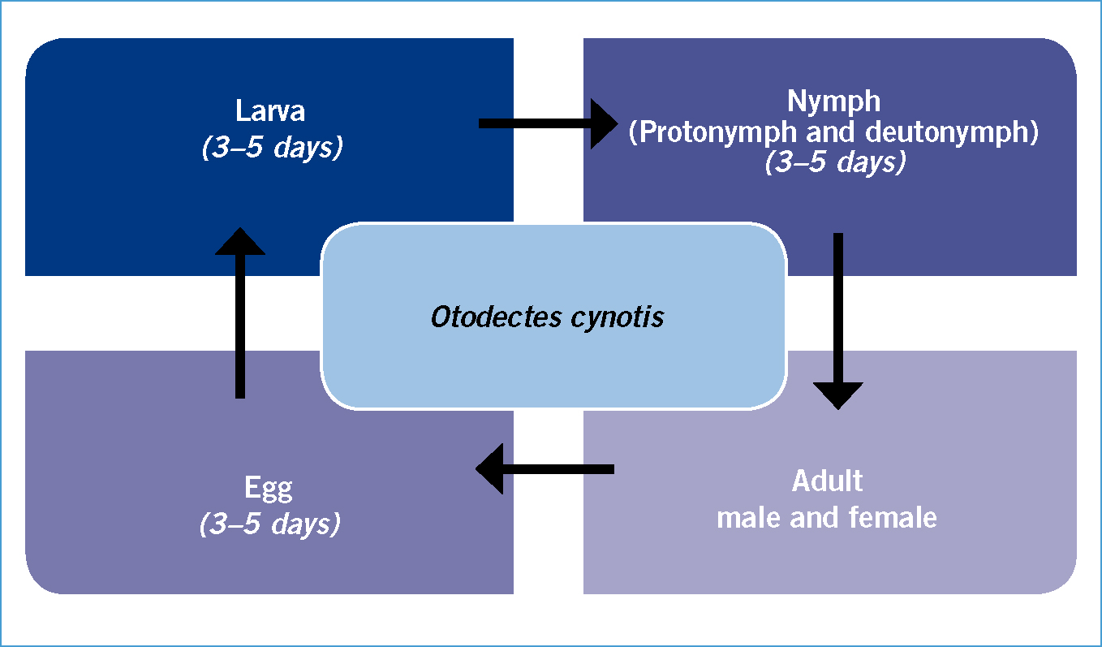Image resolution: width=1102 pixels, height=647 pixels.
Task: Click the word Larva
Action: tap(270, 110)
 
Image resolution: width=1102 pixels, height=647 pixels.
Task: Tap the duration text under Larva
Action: tap(272, 147)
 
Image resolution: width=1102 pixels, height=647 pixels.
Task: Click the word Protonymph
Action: tap(717, 133)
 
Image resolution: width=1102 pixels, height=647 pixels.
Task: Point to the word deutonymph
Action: tap(947, 133)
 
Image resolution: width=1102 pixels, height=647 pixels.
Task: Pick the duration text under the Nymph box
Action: tap(835, 162)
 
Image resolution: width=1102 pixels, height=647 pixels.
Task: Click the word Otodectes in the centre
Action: tap(496, 317)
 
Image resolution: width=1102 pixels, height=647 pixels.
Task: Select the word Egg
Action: tap(269, 490)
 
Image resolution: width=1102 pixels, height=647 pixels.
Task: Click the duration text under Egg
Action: tap(270, 524)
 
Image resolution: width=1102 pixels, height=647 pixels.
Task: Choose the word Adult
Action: tap(827, 481)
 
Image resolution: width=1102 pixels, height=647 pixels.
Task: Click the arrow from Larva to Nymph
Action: tap(549, 123)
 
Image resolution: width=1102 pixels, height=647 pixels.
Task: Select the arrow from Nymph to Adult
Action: tap(838, 321)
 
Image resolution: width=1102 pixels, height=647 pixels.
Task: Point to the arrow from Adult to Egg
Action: tap(545, 469)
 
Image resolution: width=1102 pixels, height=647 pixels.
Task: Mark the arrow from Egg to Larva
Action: tap(240, 313)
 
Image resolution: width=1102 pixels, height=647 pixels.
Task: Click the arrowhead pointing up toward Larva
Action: tap(240, 241)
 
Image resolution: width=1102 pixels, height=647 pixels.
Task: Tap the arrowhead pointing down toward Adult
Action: tap(838, 396)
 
